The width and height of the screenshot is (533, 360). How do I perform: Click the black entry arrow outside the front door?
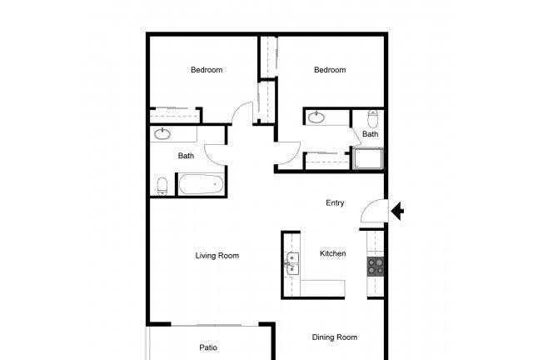point(397,211)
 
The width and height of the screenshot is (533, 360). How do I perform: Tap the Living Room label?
point(217,256)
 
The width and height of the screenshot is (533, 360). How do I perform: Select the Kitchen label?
point(333,253)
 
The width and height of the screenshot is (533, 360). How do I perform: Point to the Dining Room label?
point(335,337)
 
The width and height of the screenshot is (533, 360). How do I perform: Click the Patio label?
point(208,347)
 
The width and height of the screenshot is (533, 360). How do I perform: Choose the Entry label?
point(335,202)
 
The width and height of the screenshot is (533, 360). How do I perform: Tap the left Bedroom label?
point(207,70)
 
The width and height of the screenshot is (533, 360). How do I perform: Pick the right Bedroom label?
point(330,70)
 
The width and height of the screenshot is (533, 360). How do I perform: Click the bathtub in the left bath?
point(202,184)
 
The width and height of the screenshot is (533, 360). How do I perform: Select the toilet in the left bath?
point(162,187)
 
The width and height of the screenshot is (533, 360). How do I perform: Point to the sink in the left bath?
point(162,133)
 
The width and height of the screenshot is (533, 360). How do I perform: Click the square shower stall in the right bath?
point(368,158)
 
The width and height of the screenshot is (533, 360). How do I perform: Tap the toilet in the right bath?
point(373,119)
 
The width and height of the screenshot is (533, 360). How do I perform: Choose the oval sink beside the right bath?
point(316,117)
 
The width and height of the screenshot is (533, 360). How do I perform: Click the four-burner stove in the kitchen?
point(376,267)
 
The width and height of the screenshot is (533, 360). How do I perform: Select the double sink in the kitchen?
point(291,264)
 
